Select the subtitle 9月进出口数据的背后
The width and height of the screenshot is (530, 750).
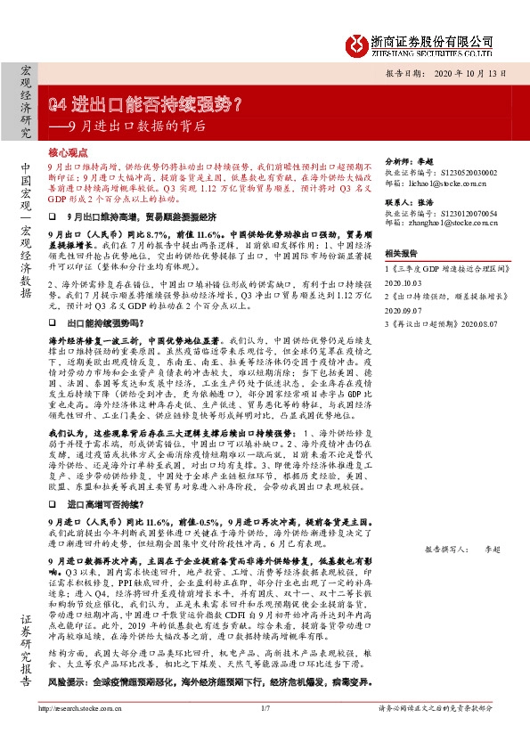(137, 126)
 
